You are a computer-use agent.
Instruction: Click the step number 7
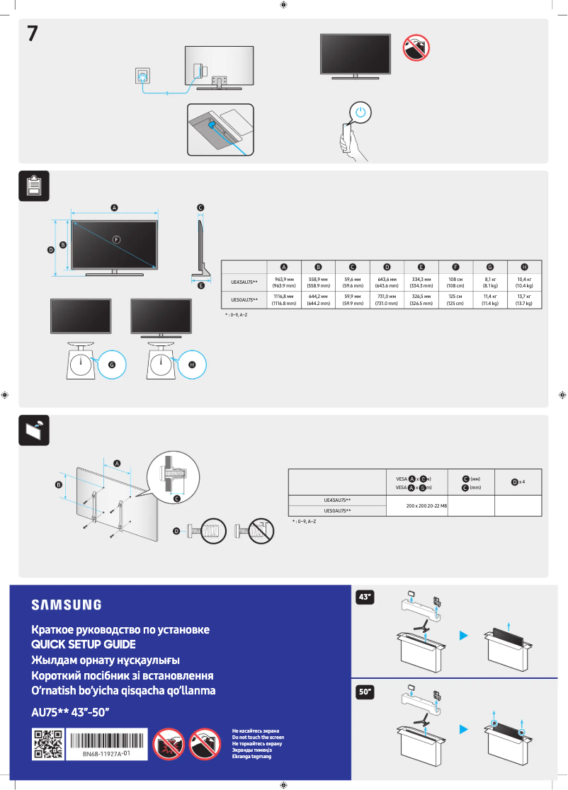coord(33,33)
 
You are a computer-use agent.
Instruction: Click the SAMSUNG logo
coord(66,605)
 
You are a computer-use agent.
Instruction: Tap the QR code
coord(47,745)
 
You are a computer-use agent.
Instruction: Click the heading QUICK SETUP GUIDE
coord(84,645)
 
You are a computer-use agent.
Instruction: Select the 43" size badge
coord(365,597)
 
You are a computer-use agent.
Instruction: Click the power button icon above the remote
coord(361,113)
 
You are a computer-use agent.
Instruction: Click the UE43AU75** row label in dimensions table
coord(245,282)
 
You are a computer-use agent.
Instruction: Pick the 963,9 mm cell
coord(284,282)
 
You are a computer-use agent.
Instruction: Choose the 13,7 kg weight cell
coord(524,299)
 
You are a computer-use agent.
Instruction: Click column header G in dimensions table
coord(490,267)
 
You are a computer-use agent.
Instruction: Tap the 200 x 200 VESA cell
coord(417,506)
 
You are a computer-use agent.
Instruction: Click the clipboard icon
coord(33,186)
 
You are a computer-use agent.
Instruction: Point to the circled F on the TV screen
coord(116,239)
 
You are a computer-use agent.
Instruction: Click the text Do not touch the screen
coord(258,738)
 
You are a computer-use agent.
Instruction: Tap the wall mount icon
coord(33,429)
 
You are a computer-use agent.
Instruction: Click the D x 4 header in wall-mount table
coord(518,481)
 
